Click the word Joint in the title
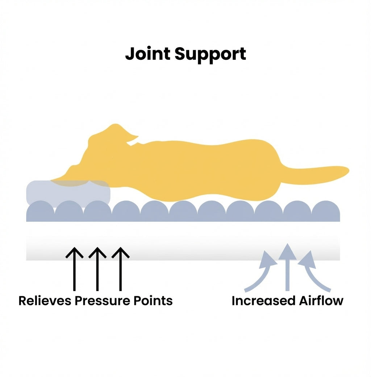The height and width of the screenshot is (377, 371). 148,54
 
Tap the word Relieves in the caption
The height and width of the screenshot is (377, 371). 45,301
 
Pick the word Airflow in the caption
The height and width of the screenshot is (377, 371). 321,301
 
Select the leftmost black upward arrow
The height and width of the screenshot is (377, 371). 74,268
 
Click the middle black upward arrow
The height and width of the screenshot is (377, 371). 97,268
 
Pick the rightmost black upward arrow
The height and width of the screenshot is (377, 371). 120,268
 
